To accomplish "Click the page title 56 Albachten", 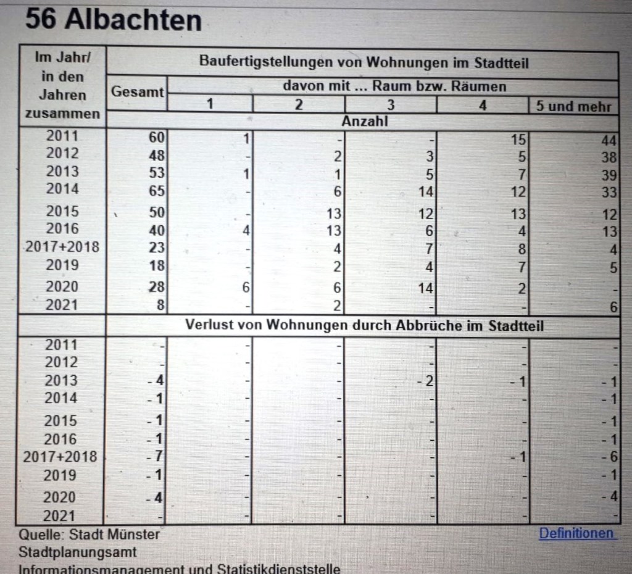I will [x=114, y=20].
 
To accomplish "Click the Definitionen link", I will [x=577, y=533].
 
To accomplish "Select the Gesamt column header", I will [x=138, y=93].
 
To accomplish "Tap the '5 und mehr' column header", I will [x=573, y=106].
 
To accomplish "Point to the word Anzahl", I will [x=365, y=121].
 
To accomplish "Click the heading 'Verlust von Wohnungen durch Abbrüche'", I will [x=364, y=325].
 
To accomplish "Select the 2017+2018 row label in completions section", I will [x=62, y=247].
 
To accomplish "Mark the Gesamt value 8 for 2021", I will [x=160, y=305].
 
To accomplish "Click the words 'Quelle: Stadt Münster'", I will [x=89, y=534].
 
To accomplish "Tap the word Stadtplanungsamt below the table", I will [x=77, y=552].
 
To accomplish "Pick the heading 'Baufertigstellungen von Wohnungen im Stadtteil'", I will [x=364, y=62].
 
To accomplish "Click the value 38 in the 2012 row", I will [x=609, y=157].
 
